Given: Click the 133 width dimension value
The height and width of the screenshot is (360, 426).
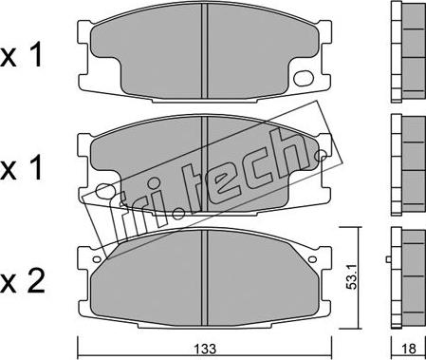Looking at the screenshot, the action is pyautogui.click(x=206, y=349).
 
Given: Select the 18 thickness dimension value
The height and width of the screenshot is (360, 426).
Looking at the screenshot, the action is pyautogui.click(x=410, y=349).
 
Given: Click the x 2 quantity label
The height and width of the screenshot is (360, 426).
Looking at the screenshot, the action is pyautogui.click(x=22, y=281).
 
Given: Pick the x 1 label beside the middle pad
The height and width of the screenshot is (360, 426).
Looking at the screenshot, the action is pyautogui.click(x=22, y=168).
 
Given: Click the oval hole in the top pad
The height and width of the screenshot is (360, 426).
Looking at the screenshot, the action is pyautogui.click(x=303, y=78).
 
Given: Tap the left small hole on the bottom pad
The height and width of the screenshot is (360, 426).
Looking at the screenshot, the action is pyautogui.click(x=96, y=259).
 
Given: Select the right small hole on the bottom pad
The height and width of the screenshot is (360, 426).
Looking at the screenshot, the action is pyautogui.click(x=312, y=259).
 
